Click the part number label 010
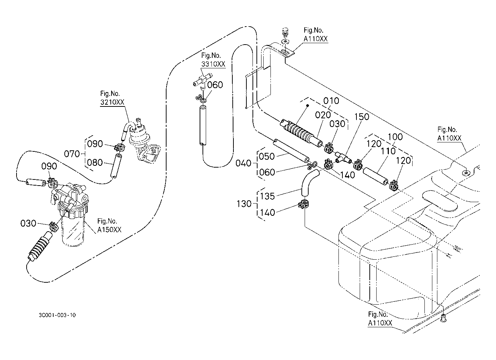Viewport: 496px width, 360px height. pos(331,101)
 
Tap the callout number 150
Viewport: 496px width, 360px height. pos(361,117)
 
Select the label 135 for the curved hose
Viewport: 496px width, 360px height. pos(267,196)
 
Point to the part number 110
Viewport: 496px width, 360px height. pos(388,151)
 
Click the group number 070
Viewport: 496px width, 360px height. pos(72,154)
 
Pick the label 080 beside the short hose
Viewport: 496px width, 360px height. pos(95,163)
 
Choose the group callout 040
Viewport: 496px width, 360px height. pos(243,163)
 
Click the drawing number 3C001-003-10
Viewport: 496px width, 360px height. pos(57,315)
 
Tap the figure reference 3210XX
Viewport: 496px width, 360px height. pos(112,102)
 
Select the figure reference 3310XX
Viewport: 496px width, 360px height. pos(213,64)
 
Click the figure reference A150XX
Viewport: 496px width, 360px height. pos(109,230)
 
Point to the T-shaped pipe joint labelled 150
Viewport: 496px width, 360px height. pos(343,157)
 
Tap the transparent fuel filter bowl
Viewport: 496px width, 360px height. pos(73,231)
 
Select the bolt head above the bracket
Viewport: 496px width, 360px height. pos(286,32)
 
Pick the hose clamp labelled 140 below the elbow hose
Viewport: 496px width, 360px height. pos(304,204)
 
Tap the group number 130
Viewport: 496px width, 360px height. pos(244,204)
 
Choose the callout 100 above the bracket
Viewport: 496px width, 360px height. pos(395,137)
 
